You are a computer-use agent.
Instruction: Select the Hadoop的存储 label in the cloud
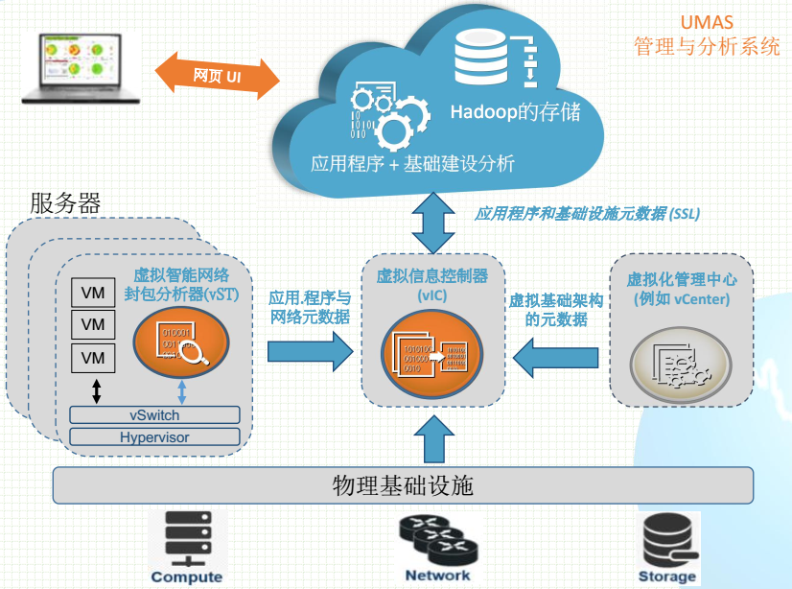pos(516,112)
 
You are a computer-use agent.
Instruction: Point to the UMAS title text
pos(708,22)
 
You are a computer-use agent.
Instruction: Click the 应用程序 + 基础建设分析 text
pos(412,163)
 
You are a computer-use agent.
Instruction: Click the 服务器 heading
pos(65,203)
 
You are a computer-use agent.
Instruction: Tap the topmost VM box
pos(93,293)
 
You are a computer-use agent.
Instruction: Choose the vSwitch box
pos(154,415)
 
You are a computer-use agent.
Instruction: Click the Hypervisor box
pos(154,437)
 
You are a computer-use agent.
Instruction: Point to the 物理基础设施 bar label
pos(403,484)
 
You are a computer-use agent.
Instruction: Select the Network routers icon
pos(437,539)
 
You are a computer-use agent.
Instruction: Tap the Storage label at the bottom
pos(667,577)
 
